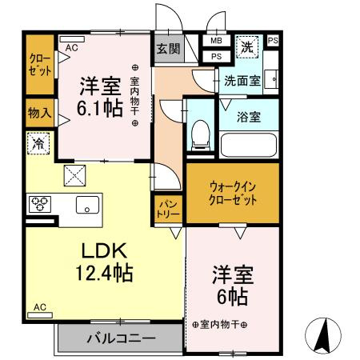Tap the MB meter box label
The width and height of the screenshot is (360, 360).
tap(216, 41)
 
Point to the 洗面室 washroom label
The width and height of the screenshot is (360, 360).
tap(241, 80)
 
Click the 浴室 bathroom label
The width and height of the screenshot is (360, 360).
tap(248, 117)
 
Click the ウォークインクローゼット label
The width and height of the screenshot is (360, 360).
tap(233, 193)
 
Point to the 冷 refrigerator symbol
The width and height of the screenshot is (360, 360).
tap(38, 144)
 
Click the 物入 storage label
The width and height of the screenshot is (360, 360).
tap(38, 113)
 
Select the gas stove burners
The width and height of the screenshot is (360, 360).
tap(39, 205)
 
